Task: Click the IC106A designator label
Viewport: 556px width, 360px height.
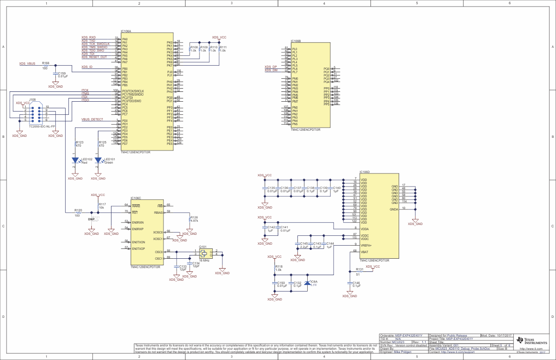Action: [126, 31]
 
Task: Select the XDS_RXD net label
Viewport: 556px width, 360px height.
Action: [89, 37]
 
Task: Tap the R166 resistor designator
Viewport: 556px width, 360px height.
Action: [45, 62]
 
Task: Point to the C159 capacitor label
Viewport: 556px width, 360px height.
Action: [62, 73]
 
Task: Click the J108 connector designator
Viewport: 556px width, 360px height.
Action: [32, 99]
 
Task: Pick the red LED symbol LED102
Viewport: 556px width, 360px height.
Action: [75, 160]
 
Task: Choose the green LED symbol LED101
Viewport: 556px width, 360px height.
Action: [98, 160]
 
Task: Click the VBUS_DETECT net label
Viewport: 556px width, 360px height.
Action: [92, 120]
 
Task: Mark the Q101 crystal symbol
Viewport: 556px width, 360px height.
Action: [204, 254]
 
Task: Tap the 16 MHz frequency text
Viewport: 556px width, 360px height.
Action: [204, 260]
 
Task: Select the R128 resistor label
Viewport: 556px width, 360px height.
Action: [194, 217]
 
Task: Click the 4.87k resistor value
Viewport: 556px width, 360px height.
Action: [194, 221]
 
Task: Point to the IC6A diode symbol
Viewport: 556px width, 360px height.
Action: [307, 283]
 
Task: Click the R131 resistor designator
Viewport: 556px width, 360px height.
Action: [360, 270]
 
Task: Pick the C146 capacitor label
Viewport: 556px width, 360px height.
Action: [356, 283]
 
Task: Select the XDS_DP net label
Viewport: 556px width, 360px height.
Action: [271, 67]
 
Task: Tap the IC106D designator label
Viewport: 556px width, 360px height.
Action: [365, 172]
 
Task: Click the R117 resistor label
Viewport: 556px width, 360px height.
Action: [103, 204]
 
